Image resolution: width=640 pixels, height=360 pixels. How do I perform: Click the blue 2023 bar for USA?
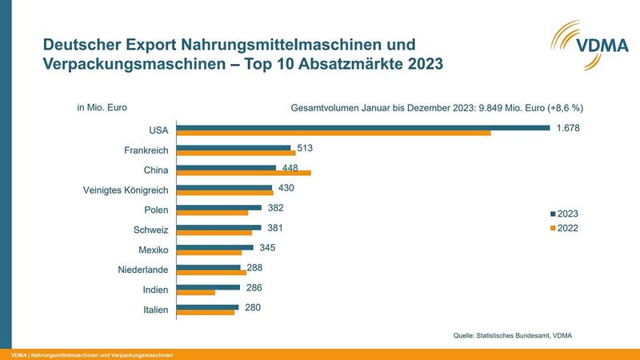[362, 127]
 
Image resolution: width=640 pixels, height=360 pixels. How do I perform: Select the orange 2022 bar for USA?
[333, 133]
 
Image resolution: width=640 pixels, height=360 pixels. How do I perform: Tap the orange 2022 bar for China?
[243, 173]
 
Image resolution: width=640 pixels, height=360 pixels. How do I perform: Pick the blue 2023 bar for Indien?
[208, 286]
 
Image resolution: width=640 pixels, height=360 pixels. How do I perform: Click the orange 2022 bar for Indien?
[196, 293]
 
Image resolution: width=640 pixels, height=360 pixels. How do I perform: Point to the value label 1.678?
[568, 128]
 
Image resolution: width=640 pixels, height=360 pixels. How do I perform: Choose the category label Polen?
[155, 210]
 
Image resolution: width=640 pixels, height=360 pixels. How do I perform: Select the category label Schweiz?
[151, 230]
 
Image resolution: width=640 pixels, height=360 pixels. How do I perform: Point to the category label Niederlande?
[142, 270]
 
